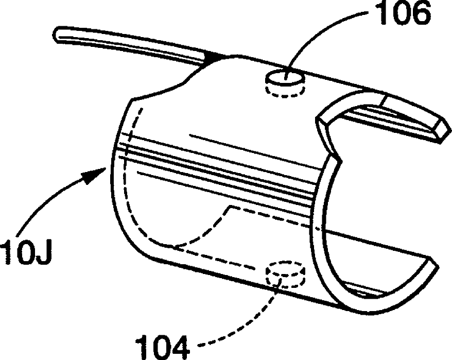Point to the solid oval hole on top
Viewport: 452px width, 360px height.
[284, 78]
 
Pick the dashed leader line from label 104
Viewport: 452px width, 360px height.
[242, 324]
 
